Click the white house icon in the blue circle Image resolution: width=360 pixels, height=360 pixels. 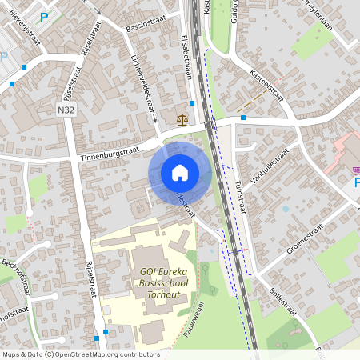179,173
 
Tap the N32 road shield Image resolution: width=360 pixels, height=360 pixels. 66,109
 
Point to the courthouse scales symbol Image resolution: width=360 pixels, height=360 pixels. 183,119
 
